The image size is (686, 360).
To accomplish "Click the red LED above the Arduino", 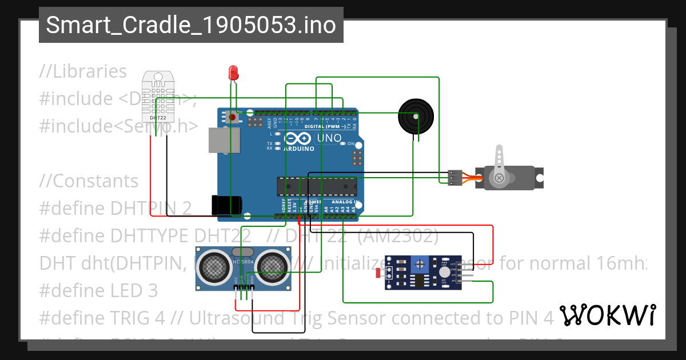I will point(233,73).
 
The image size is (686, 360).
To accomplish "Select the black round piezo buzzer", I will point(416,116).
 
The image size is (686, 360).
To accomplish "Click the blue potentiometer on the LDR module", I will point(421,264).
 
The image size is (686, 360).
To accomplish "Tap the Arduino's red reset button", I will point(232,118).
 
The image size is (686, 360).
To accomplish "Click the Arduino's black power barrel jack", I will point(226,205).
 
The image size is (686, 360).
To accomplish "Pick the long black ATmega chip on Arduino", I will point(317,186).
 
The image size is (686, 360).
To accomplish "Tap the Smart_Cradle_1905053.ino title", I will point(191,25).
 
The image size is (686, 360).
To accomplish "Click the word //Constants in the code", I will point(89,181).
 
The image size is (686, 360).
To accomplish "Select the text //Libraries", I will point(83,71).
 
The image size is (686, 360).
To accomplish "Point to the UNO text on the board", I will point(329,138).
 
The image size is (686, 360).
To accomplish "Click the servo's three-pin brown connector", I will point(455,178).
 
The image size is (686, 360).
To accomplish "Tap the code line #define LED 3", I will point(98,291).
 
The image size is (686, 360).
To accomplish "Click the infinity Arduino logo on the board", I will point(297,138).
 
